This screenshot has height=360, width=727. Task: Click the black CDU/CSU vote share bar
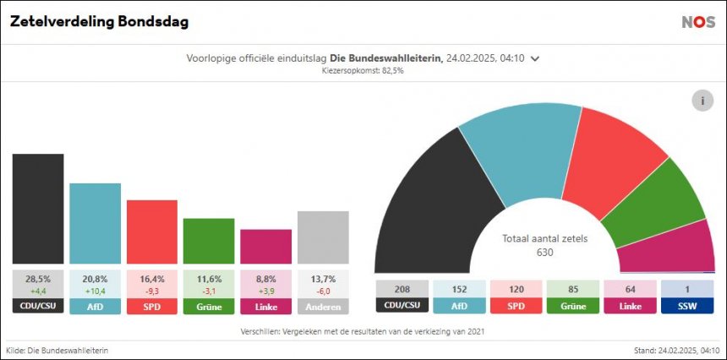tap(38, 210)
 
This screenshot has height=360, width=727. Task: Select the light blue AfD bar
tap(95, 225)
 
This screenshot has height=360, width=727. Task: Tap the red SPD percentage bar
tap(152, 233)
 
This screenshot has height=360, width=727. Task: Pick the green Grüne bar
tap(209, 243)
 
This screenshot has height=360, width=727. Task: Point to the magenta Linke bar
tap(265, 248)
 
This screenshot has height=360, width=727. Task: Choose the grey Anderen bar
tap(323, 238)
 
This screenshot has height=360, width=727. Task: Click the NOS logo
tap(698, 22)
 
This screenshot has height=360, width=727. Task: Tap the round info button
tap(702, 101)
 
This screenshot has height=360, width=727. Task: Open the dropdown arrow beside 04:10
tap(535, 58)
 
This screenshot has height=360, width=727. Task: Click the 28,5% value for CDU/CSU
tap(38, 278)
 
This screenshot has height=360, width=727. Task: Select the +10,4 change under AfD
tap(95, 291)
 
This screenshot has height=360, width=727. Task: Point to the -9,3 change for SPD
tap(152, 291)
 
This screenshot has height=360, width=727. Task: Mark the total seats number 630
tap(544, 252)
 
